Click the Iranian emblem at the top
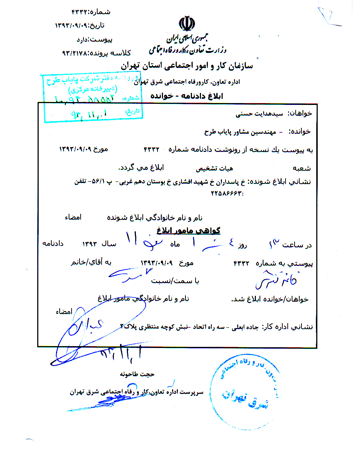[187, 24]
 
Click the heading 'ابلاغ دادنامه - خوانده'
[187, 96]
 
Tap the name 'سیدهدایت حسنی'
[259, 114]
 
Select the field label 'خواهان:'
[300, 113]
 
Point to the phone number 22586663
[227, 193]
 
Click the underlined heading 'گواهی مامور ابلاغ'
[188, 230]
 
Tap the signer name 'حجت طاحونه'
[137, 374]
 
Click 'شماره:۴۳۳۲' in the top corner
[91, 12]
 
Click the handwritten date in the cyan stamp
[89, 115]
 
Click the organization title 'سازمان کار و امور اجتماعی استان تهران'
[187, 66]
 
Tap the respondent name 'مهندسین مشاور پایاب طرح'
[240, 132]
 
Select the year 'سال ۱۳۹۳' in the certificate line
[99, 244]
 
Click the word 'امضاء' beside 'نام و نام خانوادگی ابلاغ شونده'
[73, 217]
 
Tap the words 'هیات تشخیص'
[214, 168]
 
